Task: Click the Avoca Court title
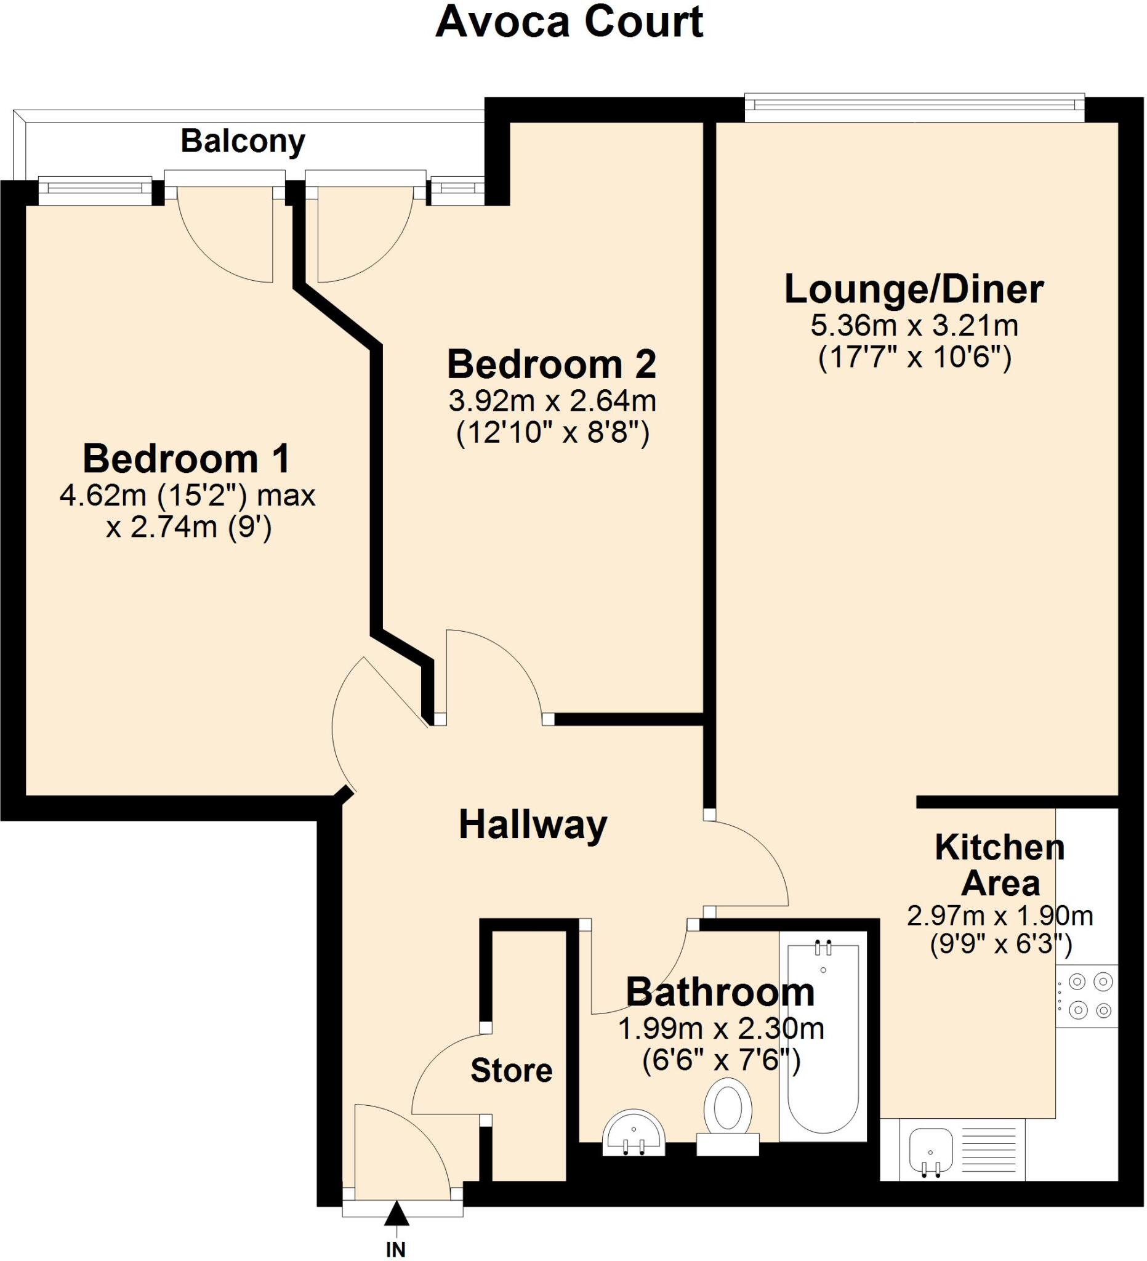(x=569, y=23)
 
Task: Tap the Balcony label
(x=243, y=142)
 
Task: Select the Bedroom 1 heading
(x=187, y=459)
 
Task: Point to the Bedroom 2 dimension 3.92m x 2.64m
(x=552, y=401)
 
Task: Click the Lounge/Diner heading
(x=914, y=289)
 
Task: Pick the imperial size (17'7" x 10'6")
(x=914, y=358)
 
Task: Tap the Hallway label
(x=533, y=824)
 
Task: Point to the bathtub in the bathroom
(x=823, y=1038)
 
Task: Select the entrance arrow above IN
(x=396, y=1214)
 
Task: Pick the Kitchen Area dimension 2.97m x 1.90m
(x=999, y=916)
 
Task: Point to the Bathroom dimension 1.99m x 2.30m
(x=720, y=1028)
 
